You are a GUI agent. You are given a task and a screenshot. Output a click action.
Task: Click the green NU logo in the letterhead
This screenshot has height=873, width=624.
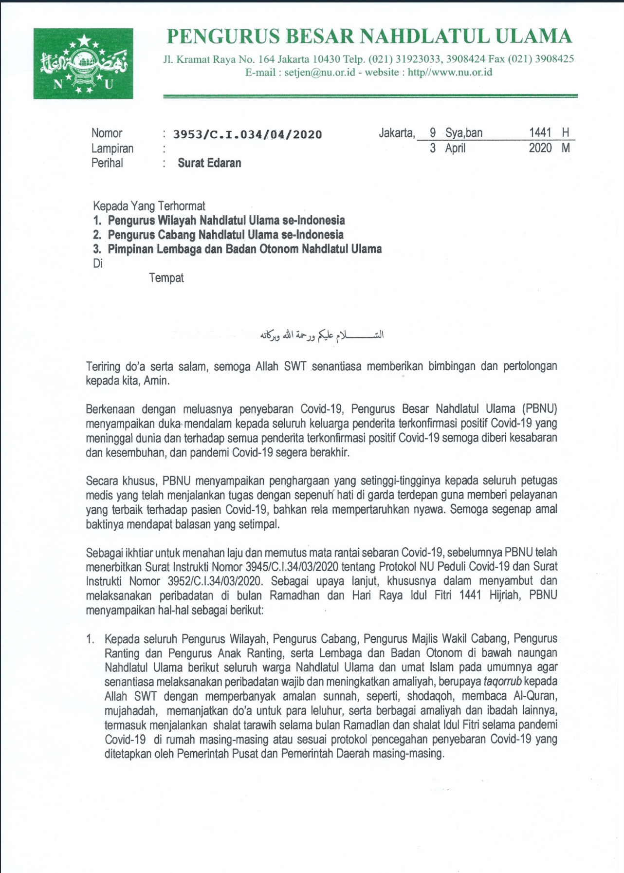tap(83, 63)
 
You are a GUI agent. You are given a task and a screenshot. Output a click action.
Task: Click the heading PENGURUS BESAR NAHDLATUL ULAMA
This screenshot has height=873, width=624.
tap(369, 37)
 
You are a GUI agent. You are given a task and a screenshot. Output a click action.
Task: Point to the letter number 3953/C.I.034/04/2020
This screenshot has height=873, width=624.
tap(248, 134)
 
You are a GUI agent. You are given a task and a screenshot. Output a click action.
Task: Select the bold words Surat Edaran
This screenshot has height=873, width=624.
tap(209, 163)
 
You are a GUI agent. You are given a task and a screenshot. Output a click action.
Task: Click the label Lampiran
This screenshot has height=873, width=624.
tap(112, 149)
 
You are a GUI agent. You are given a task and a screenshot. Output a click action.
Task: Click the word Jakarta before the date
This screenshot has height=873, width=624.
tap(397, 133)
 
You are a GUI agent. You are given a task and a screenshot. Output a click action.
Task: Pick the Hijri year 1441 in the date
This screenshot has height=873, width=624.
tap(540, 132)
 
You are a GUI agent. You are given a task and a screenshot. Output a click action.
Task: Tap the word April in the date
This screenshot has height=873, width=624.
tap(455, 148)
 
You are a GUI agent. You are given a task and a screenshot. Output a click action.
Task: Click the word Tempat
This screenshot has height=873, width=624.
tap(166, 278)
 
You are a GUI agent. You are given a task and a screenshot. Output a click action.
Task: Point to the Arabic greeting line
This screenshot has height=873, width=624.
tap(322, 335)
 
